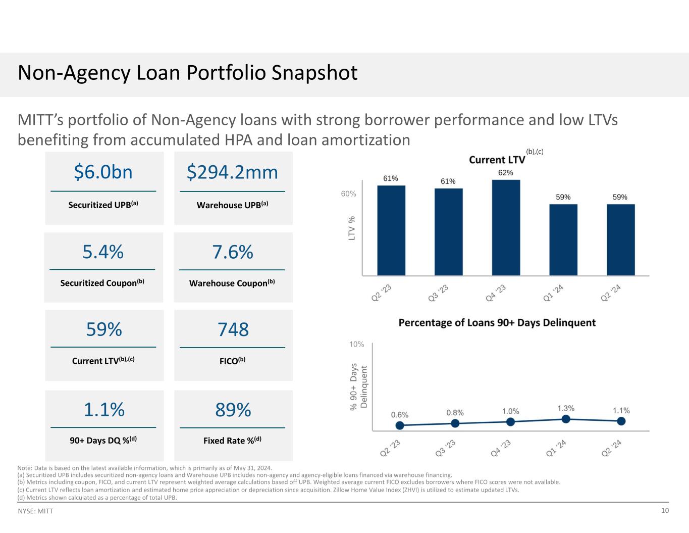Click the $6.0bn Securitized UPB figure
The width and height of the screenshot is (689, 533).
point(103,172)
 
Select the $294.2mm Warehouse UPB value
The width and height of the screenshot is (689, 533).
point(233,172)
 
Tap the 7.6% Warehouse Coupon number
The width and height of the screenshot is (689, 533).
point(233,252)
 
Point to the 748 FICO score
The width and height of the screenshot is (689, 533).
point(233,329)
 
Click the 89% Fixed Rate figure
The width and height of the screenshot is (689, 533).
point(233,410)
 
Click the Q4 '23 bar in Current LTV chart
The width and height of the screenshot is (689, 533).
point(506,227)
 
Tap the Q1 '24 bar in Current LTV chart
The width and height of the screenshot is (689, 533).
point(563,239)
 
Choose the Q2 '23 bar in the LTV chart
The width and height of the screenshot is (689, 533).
point(391,230)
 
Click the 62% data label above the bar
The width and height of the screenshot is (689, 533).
point(506,173)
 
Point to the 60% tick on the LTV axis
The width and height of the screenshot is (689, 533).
point(348,193)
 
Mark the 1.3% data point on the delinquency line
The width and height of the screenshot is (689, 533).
point(566,419)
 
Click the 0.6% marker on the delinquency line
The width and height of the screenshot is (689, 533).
point(400,425)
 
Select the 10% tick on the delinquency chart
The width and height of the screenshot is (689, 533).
point(356,345)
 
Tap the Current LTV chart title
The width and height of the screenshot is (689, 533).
point(497,160)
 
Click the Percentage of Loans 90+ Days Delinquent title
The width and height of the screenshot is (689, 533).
point(497,322)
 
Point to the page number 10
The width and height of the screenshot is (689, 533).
point(665,511)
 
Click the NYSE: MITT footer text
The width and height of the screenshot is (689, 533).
point(35,511)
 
